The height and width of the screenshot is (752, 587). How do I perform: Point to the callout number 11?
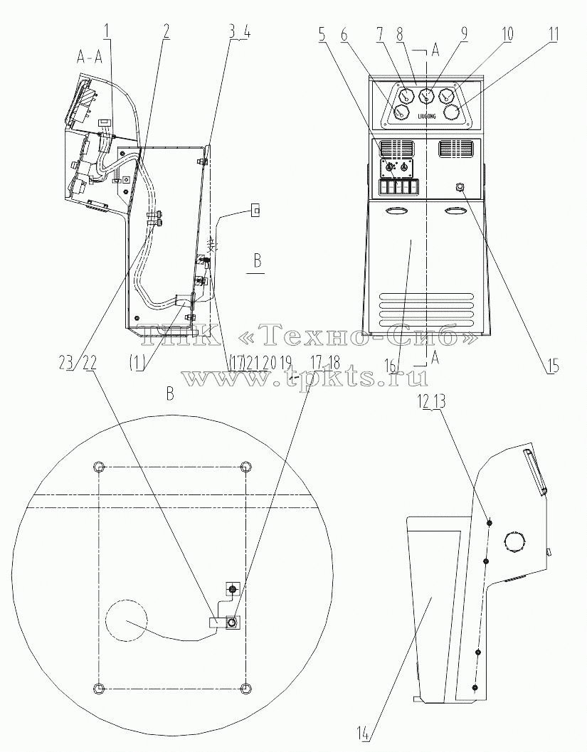[554, 35]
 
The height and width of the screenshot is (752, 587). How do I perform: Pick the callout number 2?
[166, 31]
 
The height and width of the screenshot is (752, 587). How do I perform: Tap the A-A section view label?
[90, 58]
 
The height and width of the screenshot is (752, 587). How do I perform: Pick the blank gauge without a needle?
[451, 113]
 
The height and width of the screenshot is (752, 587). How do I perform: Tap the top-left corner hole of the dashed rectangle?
[99, 466]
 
